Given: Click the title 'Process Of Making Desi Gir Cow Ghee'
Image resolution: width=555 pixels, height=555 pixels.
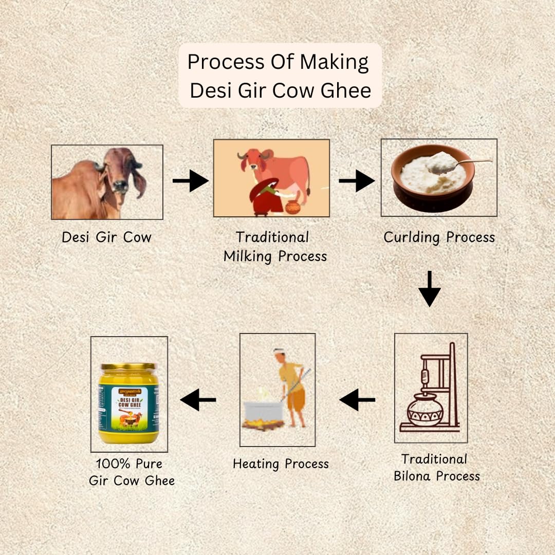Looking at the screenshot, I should tap(280, 76).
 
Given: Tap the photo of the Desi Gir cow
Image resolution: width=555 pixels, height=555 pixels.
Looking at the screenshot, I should tap(107, 182).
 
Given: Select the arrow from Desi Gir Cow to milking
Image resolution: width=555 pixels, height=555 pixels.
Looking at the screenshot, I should tap(190, 181).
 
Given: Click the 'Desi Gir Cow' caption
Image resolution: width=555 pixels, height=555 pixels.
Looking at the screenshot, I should tap(107, 237).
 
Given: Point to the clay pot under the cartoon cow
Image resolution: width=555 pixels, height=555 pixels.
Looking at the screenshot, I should tap(293, 207).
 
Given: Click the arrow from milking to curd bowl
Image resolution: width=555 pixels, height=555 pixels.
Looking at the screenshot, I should tap(357, 181).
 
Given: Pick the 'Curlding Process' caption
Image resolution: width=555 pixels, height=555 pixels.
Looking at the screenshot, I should tap(439, 237).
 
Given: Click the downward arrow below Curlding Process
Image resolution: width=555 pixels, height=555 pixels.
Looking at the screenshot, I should tap(429, 289).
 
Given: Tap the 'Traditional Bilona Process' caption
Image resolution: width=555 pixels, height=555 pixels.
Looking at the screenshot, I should tap(436, 467).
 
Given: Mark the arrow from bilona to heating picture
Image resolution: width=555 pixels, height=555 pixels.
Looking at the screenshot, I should tap(357, 399).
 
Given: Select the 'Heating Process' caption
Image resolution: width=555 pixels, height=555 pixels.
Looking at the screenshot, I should tap(281, 464).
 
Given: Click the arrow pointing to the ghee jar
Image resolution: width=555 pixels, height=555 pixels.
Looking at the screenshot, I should tap(198, 399).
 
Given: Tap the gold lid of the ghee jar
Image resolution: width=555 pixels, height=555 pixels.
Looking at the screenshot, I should tap(128, 366).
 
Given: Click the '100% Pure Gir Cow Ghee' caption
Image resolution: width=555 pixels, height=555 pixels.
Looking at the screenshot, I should tap(132, 472).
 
